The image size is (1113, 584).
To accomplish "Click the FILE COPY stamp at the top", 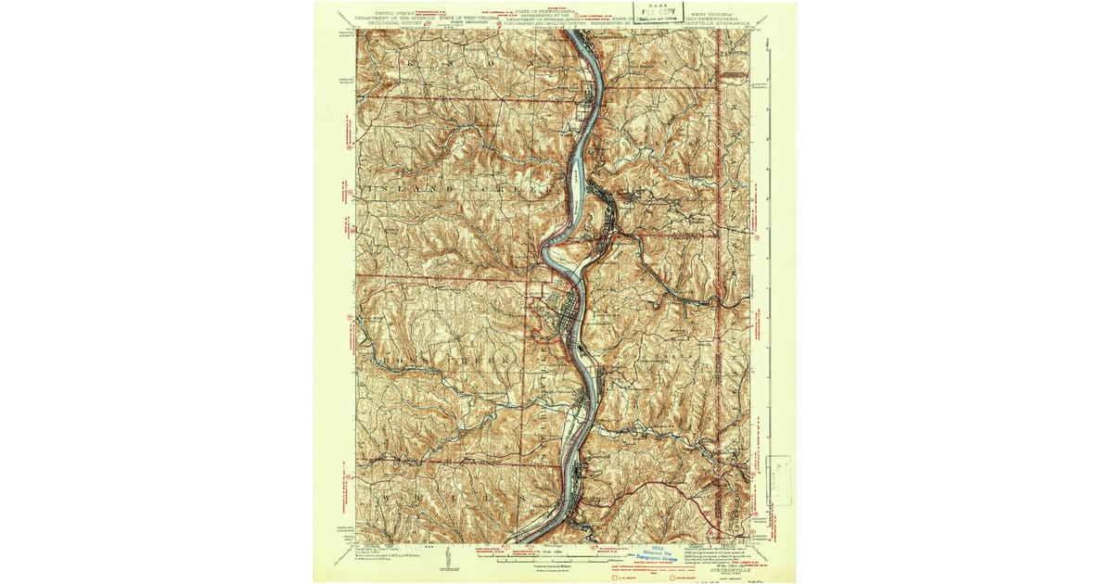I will coord(659,12).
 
